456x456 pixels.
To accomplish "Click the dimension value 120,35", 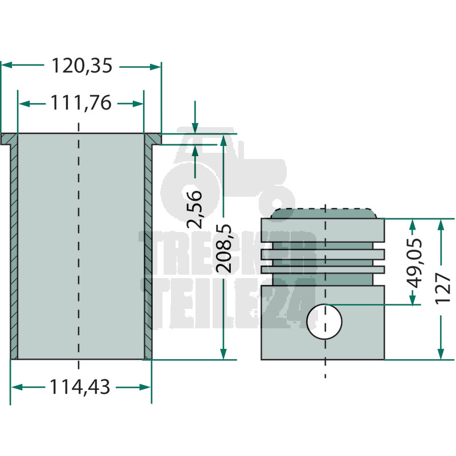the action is [x=82, y=66].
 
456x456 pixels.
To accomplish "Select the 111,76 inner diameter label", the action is [x=81, y=103].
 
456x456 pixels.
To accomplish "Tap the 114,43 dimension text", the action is [x=80, y=387].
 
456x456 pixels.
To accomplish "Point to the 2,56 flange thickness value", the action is [x=194, y=209].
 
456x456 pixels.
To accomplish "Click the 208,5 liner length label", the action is [x=223, y=249].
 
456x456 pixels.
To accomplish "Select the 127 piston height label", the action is [x=443, y=288].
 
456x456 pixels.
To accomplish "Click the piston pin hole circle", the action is [x=324, y=321].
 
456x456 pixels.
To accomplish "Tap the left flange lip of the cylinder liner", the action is [x=9, y=139].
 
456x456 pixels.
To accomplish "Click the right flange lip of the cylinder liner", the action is [x=153, y=139].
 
